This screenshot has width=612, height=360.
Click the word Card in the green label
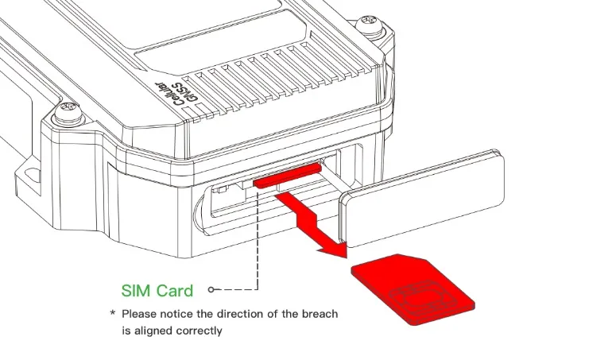tap(175, 291)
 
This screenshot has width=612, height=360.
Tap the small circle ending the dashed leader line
tap(211, 289)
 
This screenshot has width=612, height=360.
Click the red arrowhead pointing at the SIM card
tap(334, 250)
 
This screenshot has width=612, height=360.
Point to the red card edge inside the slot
tap(288, 176)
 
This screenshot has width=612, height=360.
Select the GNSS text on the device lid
tap(184, 92)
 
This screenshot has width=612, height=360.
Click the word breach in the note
tap(320, 314)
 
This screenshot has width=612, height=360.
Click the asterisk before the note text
tap(113, 313)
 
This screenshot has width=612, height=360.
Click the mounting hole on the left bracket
tap(33, 175)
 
